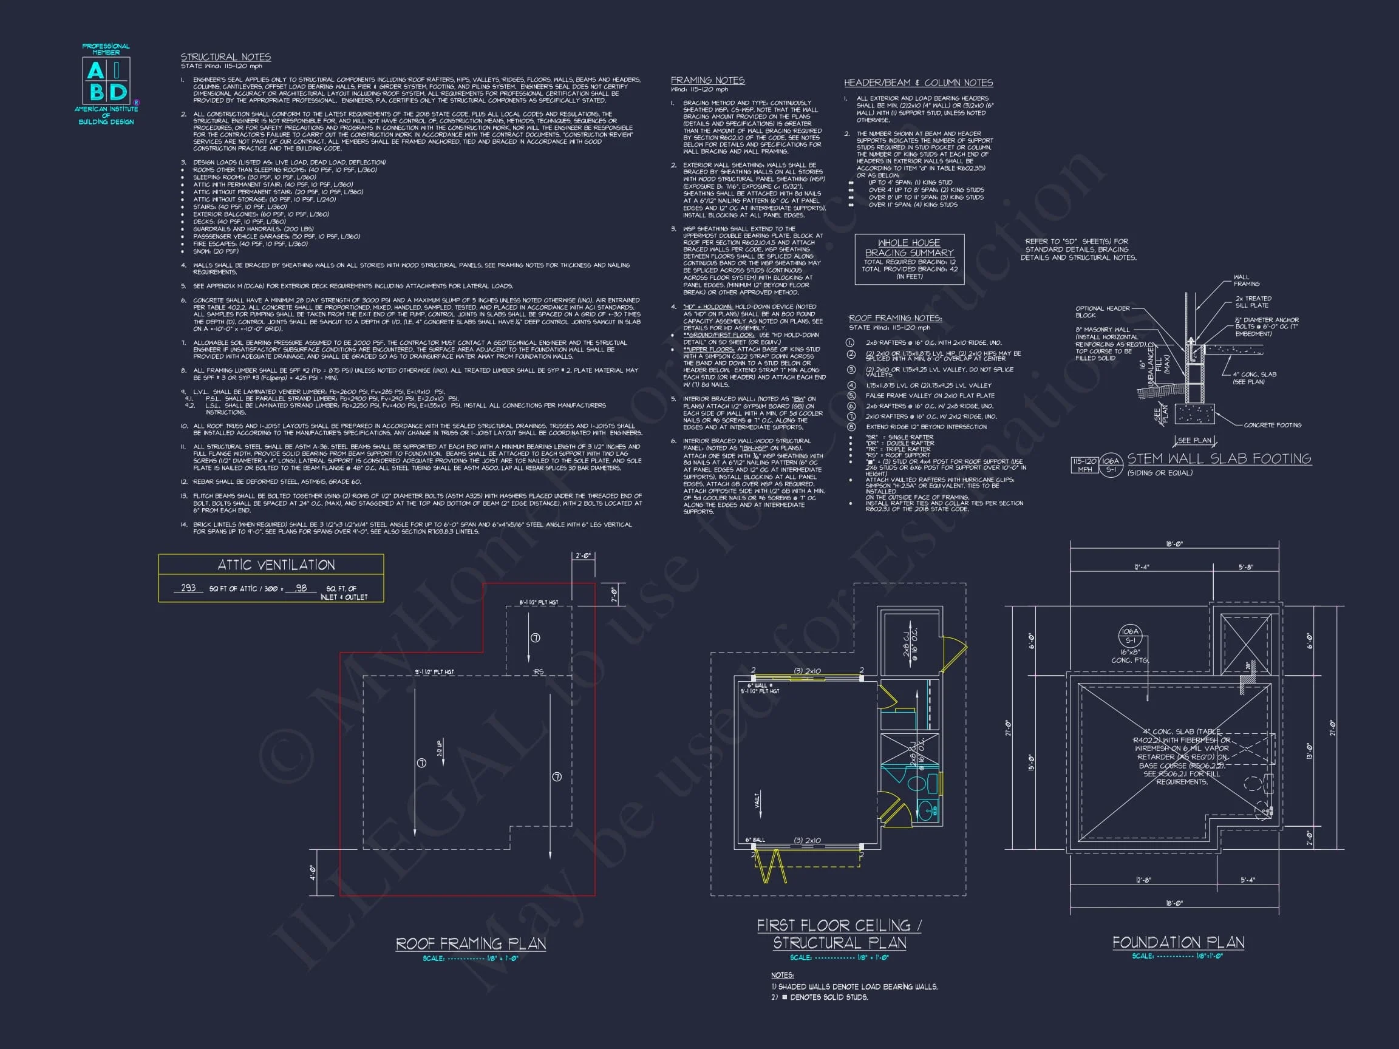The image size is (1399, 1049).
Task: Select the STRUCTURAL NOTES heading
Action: click(226, 57)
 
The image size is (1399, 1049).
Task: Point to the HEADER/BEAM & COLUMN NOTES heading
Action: click(918, 83)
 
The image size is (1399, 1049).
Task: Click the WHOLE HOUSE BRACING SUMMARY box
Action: click(909, 259)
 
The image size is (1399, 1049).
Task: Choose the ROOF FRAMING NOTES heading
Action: click(895, 318)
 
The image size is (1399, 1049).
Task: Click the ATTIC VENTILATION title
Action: click(276, 565)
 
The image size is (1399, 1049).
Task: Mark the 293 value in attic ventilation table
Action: click(188, 588)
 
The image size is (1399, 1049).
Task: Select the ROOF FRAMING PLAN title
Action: click(471, 944)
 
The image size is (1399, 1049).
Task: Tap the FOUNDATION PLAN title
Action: click(1177, 943)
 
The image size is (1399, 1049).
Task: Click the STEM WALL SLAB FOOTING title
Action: click(1219, 458)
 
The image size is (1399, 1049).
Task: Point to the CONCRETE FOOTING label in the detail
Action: click(1272, 425)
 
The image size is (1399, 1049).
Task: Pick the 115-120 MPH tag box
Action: click(1084, 465)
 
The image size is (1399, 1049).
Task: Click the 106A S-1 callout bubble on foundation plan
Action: click(1129, 636)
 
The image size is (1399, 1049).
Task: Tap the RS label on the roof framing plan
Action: click(538, 671)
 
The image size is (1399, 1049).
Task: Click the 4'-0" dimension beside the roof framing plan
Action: click(313, 872)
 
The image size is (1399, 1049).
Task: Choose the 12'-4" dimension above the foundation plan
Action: click(1141, 567)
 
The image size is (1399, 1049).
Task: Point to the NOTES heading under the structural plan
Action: click(781, 975)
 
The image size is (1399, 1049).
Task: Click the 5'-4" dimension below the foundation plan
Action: click(1247, 880)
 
